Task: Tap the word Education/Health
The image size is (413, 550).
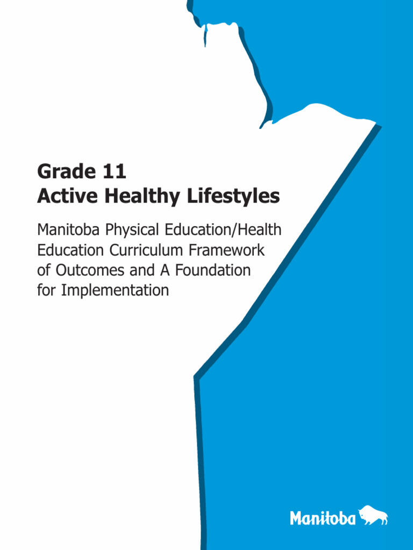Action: tap(223, 230)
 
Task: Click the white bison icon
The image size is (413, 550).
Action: tap(373, 517)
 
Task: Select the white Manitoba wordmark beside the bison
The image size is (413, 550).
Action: tap(323, 518)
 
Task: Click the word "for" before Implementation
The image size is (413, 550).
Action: tap(47, 291)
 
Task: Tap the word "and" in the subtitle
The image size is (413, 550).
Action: tap(141, 270)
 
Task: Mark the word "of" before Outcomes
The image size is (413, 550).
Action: tap(44, 270)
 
